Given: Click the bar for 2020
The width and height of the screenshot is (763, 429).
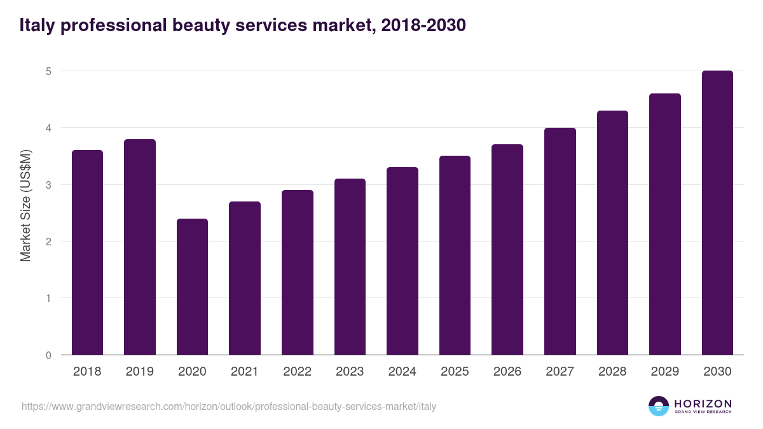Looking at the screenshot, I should [192, 287].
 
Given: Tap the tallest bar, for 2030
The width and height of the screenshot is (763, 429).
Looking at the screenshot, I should [717, 213].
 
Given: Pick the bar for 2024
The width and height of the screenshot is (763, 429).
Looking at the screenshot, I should [402, 261].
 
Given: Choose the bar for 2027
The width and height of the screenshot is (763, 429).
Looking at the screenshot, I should [560, 242].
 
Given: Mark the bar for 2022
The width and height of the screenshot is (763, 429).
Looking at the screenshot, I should [298, 273].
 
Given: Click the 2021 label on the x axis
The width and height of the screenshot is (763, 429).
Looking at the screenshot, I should [245, 372].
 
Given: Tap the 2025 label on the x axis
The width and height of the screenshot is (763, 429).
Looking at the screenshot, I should [455, 372].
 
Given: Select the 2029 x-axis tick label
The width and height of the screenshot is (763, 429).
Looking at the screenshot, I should [665, 372].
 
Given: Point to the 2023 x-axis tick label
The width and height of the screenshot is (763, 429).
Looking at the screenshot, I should [350, 372].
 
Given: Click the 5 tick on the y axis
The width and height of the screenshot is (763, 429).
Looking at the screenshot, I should [48, 71].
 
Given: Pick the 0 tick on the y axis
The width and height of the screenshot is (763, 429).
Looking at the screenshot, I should [48, 355].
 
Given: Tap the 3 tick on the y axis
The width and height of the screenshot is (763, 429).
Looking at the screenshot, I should [48, 185].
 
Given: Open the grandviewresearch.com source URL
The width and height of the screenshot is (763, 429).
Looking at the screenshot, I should [229, 407].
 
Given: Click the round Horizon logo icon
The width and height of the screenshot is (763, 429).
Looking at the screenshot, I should [659, 406].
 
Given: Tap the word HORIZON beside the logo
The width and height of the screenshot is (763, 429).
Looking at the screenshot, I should [703, 404].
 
